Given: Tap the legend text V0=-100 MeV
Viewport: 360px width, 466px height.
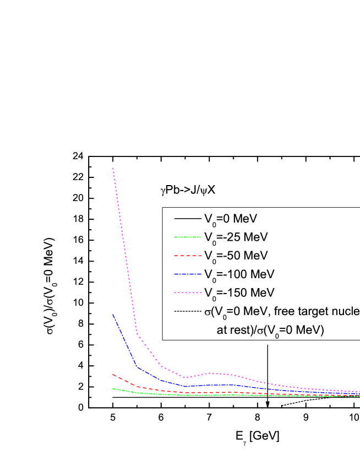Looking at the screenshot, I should click(x=239, y=274).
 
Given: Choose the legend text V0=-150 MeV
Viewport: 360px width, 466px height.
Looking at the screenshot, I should click(x=239, y=292).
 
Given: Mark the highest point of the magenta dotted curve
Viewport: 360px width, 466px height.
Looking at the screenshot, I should click(x=113, y=168).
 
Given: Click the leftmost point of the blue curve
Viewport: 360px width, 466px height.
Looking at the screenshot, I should click(x=113, y=315).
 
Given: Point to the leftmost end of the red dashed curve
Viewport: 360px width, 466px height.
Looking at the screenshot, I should click(x=113, y=375).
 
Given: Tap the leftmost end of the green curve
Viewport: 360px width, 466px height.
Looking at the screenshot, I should click(x=113, y=389).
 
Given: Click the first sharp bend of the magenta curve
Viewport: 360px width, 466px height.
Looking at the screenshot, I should click(x=137, y=333).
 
